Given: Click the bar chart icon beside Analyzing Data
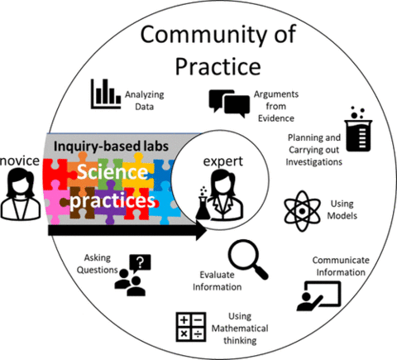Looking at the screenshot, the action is (106, 94).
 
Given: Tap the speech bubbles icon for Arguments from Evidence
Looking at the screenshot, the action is (229, 103).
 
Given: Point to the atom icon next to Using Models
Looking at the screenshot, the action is (302, 211).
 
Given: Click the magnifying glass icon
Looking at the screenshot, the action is (248, 259).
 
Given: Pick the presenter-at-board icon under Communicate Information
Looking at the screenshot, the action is (319, 296).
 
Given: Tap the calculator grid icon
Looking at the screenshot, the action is (191, 327).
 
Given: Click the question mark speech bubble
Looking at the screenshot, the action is (141, 263).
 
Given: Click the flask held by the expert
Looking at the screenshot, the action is (203, 204).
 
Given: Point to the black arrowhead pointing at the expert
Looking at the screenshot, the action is (201, 230).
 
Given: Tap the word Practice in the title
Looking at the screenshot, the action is (218, 66).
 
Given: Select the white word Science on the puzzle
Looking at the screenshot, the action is (112, 172).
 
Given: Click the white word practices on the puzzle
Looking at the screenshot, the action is (112, 200).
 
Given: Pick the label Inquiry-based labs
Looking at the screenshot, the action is (111, 146).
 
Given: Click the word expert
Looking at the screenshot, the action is (223, 161).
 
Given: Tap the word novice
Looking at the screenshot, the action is (20, 161).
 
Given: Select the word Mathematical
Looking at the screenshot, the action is (240, 329).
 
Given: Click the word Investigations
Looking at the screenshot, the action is (314, 161).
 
